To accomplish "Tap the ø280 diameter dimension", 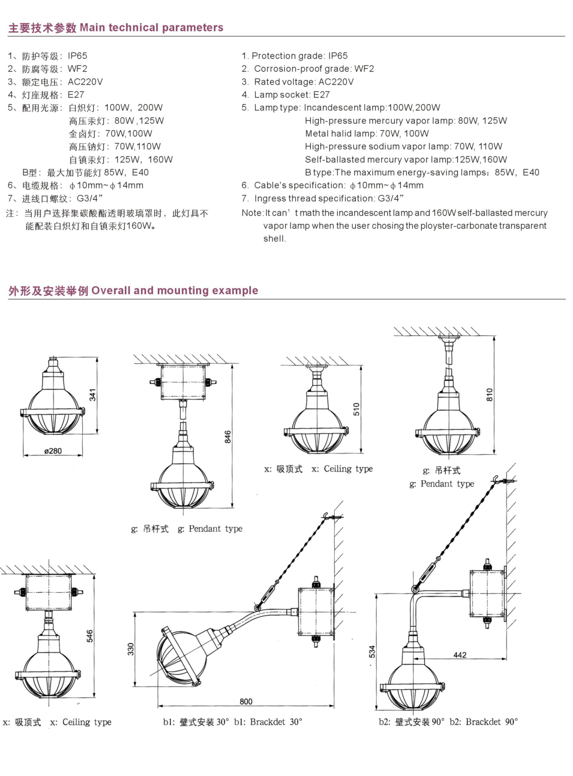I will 53,451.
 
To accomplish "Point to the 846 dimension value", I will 228,437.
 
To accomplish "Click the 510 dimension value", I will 356,409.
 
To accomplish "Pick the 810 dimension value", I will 489,395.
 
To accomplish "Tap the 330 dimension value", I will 130,649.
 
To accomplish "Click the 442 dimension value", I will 460,655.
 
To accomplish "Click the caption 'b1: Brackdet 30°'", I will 268,722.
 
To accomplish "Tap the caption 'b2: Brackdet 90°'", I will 484,722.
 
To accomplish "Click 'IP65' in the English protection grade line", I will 338,56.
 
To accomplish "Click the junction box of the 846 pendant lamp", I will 183,382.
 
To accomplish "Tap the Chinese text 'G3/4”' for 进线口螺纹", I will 89,199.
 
